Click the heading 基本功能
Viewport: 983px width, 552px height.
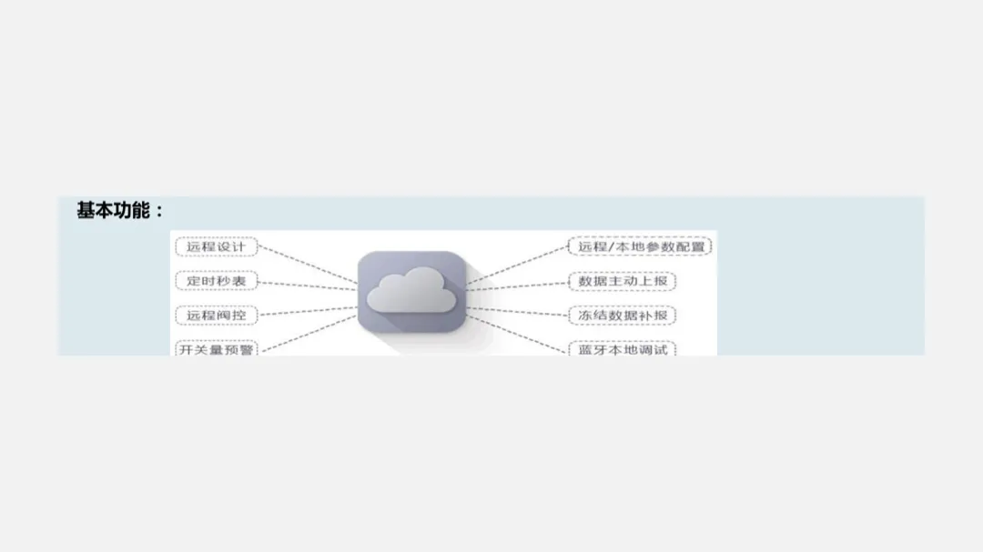tap(112, 211)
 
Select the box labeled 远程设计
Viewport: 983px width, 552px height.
tap(216, 246)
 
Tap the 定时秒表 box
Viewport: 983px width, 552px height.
tap(216, 281)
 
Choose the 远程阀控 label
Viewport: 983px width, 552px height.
tap(216, 316)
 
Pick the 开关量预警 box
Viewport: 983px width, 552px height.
tap(216, 348)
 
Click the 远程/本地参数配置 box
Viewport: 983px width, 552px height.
tap(640, 246)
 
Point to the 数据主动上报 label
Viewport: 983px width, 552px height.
tap(623, 281)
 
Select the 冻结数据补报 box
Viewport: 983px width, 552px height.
tap(623, 316)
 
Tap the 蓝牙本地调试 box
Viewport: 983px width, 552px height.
tap(623, 348)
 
